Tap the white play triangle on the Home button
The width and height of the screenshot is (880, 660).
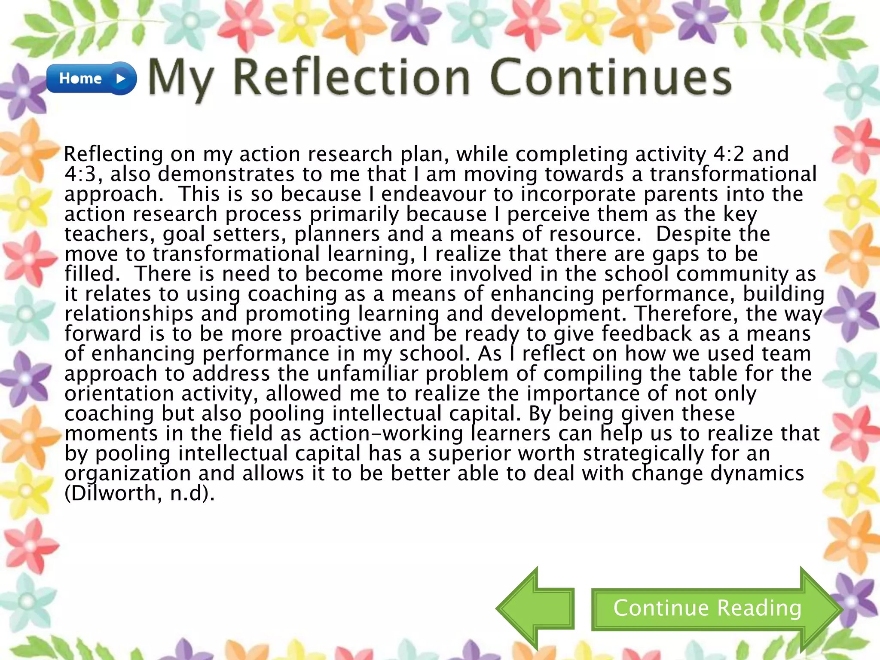tap(121, 79)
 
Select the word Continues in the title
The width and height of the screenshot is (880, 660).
tap(610, 78)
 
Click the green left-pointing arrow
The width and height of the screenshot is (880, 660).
tap(535, 609)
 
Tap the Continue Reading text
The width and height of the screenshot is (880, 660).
tap(707, 608)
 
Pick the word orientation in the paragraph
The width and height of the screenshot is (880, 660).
tap(119, 394)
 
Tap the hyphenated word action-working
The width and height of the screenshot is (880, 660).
tap(386, 433)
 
